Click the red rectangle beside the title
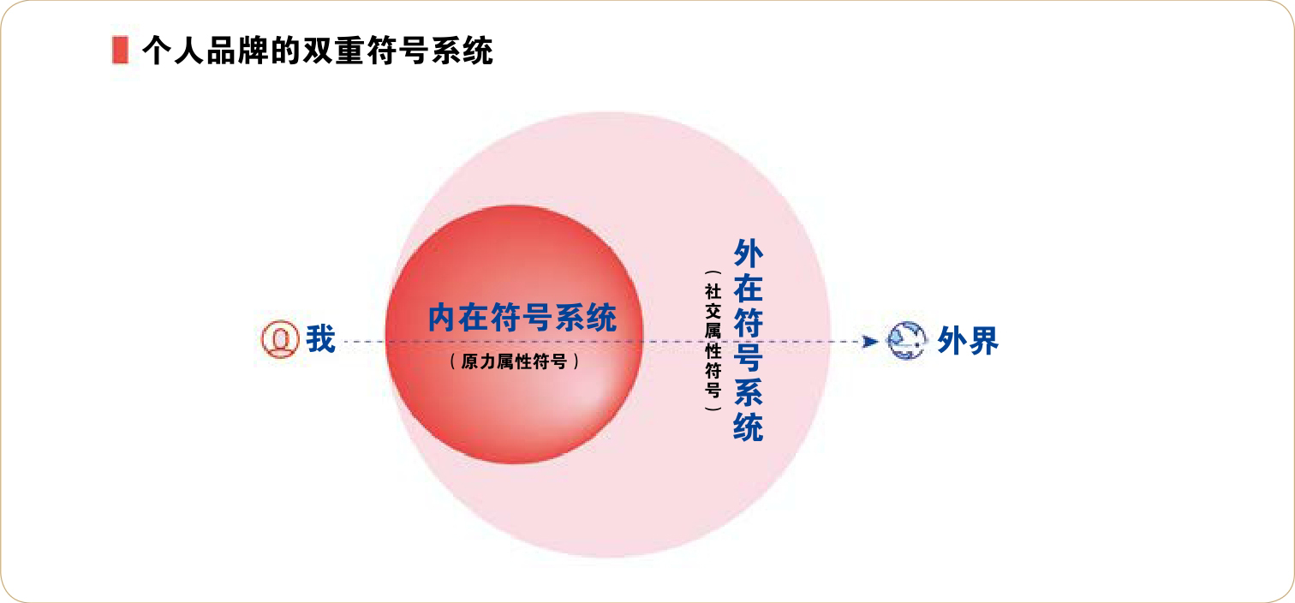[x=120, y=51]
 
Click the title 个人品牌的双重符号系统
[x=318, y=51]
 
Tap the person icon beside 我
[x=280, y=339]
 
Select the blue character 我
[x=321, y=339]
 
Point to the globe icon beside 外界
[x=906, y=341]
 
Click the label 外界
[x=968, y=341]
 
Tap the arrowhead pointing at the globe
[x=870, y=342]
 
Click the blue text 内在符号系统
[x=522, y=318]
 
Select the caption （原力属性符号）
[x=515, y=361]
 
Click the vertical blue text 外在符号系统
[x=748, y=341]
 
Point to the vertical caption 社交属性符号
[x=713, y=341]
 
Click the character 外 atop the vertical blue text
[x=748, y=254]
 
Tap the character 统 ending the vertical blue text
[x=748, y=427]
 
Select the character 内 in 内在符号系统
[x=444, y=318]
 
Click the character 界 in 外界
[x=983, y=341]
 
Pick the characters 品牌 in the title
[x=238, y=51]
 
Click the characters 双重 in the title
[x=333, y=51]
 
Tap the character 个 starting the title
[x=158, y=51]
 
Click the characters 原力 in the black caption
[x=479, y=361]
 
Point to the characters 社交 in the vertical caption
[x=713, y=301]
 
